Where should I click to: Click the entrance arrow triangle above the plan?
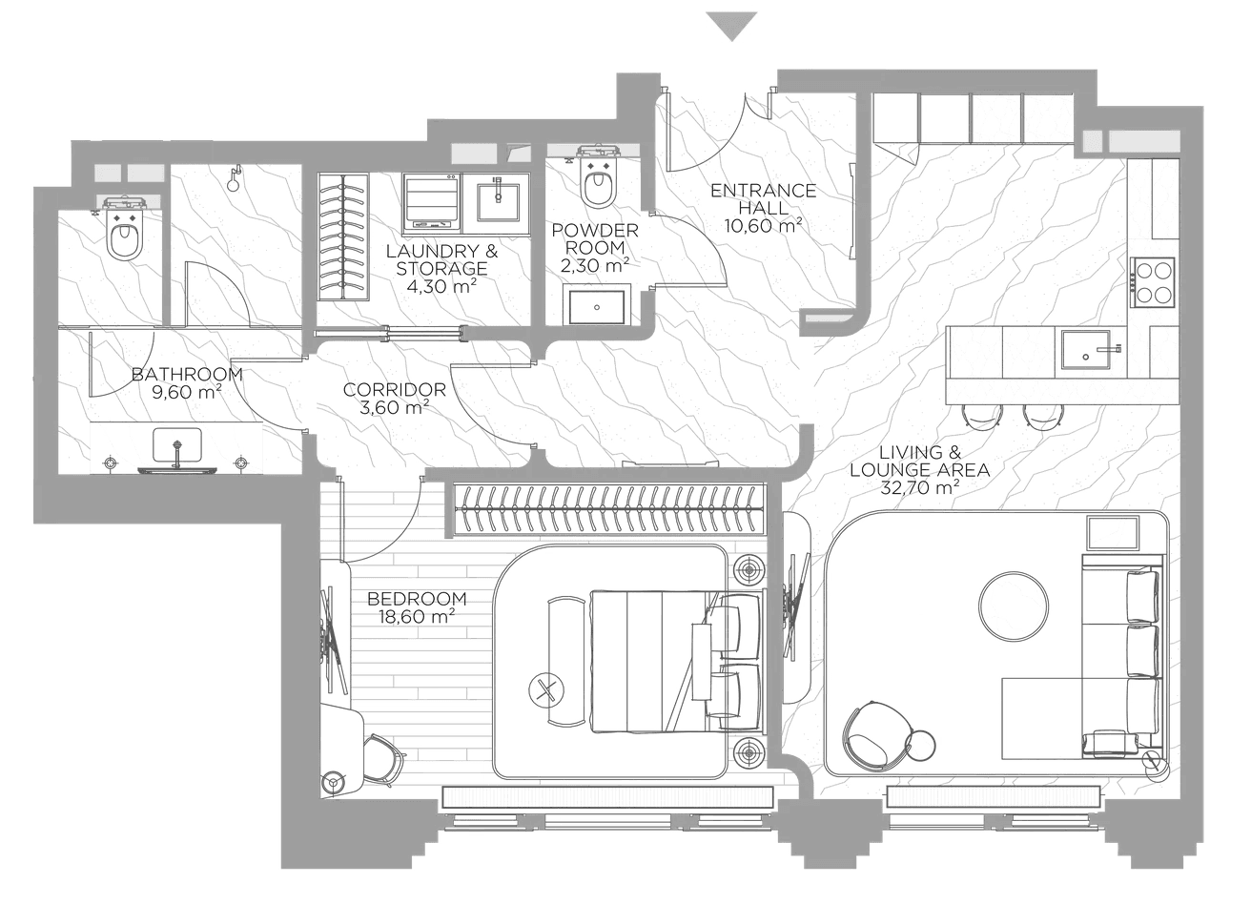point(731,25)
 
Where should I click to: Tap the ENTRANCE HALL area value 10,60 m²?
point(763,226)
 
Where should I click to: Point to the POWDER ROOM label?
point(595,238)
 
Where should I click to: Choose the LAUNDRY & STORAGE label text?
point(441,259)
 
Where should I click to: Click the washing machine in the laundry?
point(432,204)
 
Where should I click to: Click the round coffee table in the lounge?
point(1013,606)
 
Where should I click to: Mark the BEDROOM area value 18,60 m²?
point(417,617)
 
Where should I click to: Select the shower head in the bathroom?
point(234,178)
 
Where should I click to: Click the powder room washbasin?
point(597,306)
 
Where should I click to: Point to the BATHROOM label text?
point(187,374)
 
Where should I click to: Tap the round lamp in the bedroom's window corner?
point(334,781)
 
